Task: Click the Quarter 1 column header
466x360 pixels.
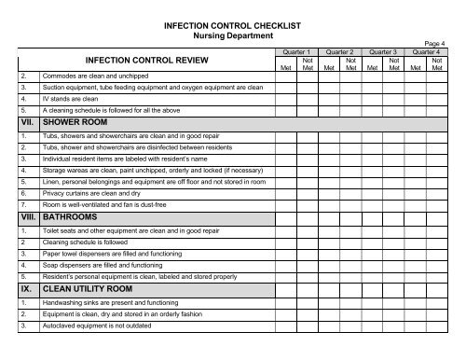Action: click(300, 52)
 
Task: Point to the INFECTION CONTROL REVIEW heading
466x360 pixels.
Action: click(137, 62)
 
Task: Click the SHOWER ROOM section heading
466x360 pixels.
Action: click(70, 122)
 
